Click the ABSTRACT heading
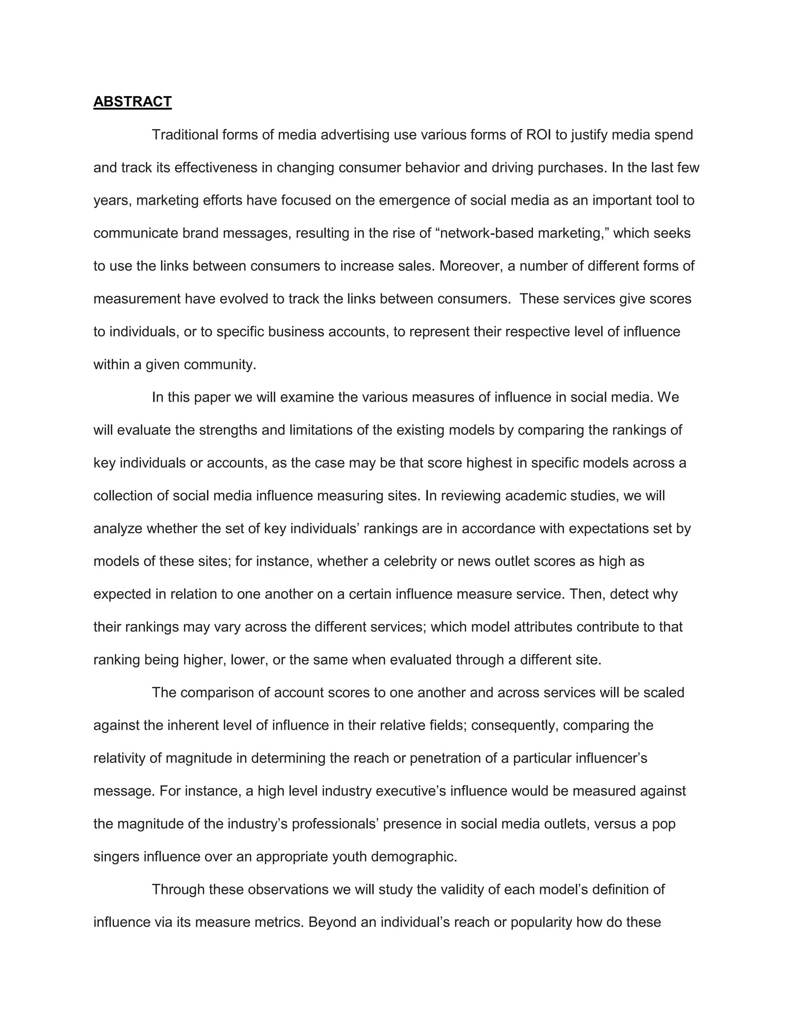click(x=132, y=102)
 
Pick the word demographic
click(x=414, y=857)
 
